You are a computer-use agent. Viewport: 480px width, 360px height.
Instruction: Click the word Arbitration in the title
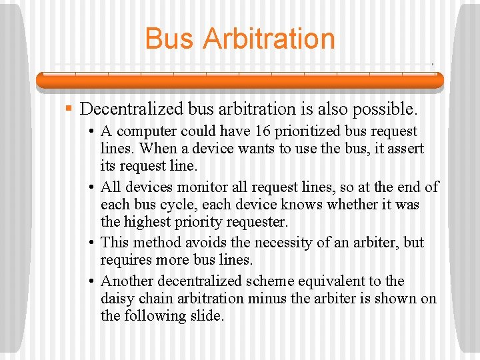(269, 39)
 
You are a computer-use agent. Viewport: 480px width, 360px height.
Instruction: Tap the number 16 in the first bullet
(233, 131)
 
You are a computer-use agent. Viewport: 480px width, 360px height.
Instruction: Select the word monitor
(196, 187)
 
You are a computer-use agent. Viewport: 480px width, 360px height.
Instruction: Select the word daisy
(117, 299)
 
